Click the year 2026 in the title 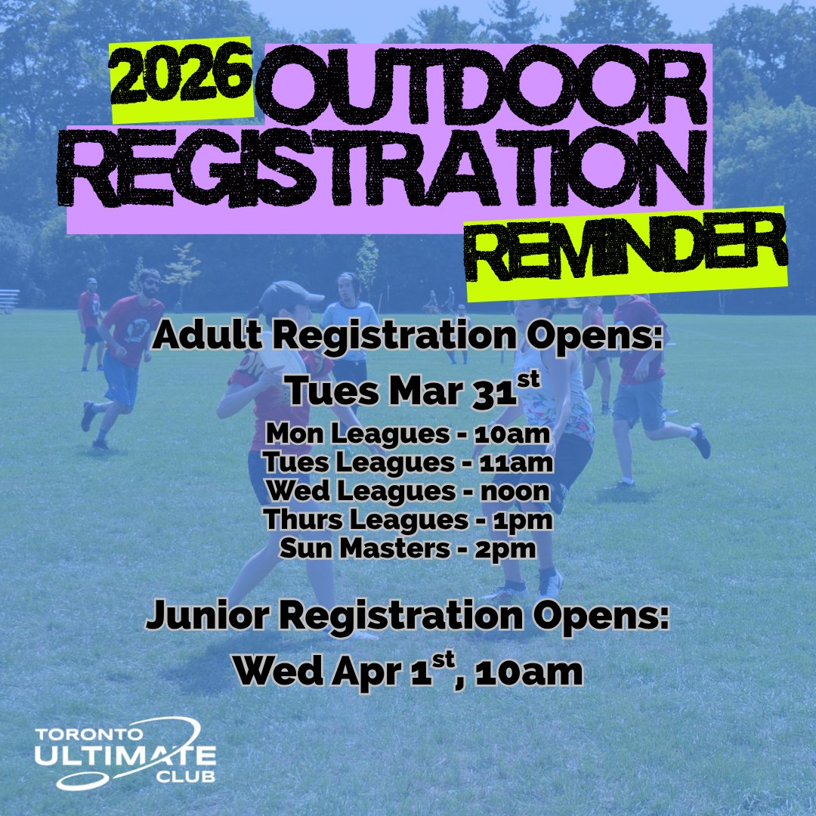pos(181,74)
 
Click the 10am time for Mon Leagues pos(512,434)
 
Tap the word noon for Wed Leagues pos(515,491)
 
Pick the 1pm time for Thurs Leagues pos(522,521)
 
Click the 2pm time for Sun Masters pos(505,549)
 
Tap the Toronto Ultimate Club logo pos(125,753)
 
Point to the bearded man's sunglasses pos(151,283)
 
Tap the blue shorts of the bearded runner pos(120,379)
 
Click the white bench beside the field pos(9,301)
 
